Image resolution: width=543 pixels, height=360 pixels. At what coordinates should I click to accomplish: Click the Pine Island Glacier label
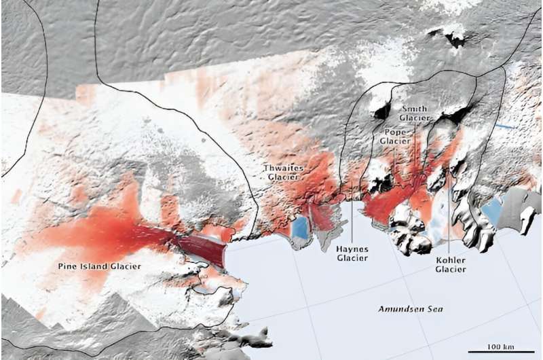pos(100,267)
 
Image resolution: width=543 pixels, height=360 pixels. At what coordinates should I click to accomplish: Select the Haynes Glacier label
pos(352,253)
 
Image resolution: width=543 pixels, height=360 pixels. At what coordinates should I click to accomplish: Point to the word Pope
pos(395,132)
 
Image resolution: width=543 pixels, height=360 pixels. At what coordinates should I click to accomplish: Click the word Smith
pos(414,109)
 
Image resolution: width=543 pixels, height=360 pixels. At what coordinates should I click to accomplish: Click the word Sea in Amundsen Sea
pos(429,309)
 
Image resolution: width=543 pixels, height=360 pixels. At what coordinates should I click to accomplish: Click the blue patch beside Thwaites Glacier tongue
pos(299,227)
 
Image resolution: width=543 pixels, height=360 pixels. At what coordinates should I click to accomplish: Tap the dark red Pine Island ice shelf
pos(203,249)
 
